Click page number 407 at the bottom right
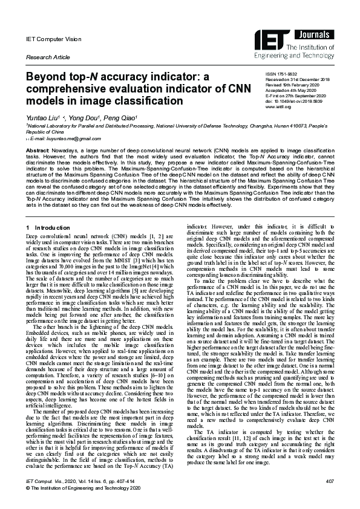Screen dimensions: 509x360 329,481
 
